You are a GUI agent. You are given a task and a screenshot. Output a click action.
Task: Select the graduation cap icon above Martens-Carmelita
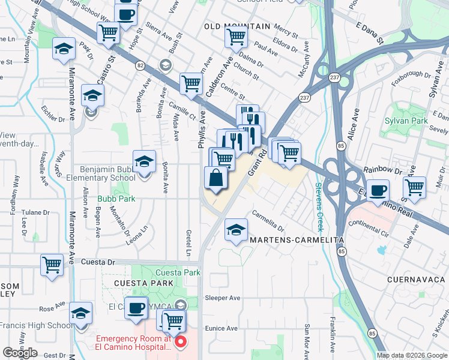(237, 230)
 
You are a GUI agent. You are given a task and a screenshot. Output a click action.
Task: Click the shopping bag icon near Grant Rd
(216, 178)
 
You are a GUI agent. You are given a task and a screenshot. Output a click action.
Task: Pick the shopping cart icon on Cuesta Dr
(52, 265)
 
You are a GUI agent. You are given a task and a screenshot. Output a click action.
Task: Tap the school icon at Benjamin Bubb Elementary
(144, 163)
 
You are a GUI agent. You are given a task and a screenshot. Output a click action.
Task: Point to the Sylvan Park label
(406, 121)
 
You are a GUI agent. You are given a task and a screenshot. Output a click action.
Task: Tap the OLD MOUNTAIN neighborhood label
(237, 26)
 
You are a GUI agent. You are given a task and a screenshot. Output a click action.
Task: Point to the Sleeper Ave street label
(223, 298)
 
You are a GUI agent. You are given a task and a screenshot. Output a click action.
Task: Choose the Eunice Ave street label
(221, 328)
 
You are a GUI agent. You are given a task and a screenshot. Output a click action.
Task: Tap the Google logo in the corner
(20, 352)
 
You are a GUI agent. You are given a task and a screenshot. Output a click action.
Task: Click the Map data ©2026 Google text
(412, 355)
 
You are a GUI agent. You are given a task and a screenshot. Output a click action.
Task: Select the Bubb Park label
(118, 199)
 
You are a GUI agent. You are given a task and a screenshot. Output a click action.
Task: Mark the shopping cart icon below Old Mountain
(236, 37)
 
